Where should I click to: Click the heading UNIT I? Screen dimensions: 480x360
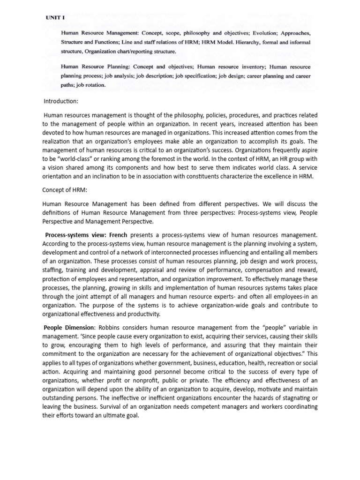(x=55, y=17)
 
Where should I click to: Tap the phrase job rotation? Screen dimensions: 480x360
(x=89, y=85)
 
